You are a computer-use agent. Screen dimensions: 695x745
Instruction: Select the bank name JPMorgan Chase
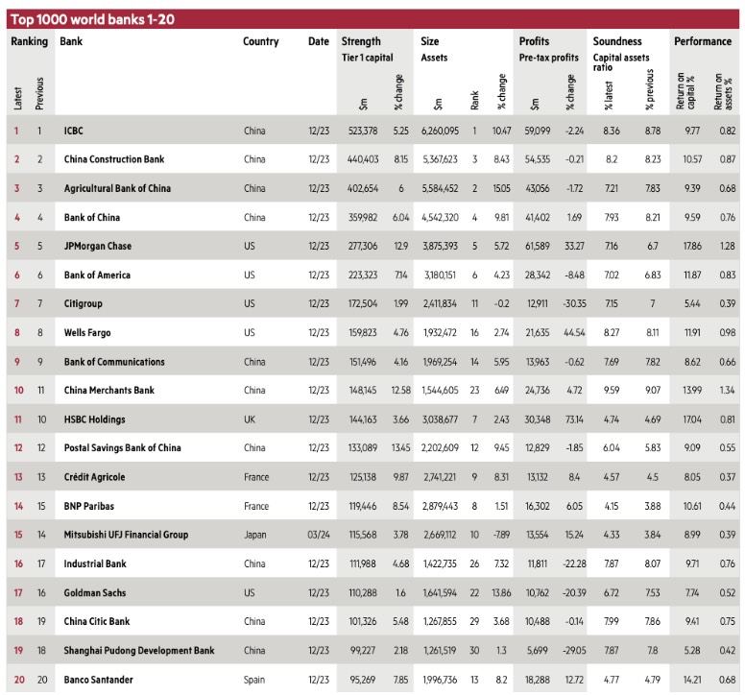coord(97,247)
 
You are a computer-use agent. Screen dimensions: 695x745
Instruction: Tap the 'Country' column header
coord(261,42)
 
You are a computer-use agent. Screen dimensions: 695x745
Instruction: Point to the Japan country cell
coord(255,536)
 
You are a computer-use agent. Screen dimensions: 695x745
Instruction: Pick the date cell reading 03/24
coord(319,536)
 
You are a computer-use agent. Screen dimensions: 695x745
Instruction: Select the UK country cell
coord(250,420)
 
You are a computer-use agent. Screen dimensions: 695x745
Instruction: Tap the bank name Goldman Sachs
coord(94,593)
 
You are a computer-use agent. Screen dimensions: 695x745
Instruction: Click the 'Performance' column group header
coord(703,42)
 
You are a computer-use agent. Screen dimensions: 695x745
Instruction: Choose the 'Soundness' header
coord(617,42)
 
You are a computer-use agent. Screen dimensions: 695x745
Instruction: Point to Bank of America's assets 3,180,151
coord(440,276)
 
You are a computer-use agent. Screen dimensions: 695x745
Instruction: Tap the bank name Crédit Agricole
coord(94,478)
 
